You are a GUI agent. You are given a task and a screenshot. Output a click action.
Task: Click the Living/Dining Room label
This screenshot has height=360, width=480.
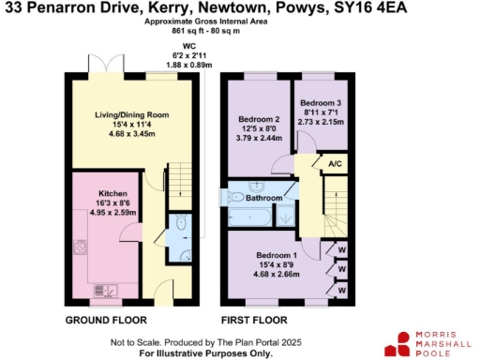(x=131, y=114)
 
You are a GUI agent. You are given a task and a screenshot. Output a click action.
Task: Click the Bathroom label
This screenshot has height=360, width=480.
(x=264, y=198)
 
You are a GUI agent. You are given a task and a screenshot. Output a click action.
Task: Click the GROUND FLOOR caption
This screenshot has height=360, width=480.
(x=105, y=321)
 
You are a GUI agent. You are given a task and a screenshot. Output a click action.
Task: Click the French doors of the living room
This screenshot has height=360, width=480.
(x=113, y=68)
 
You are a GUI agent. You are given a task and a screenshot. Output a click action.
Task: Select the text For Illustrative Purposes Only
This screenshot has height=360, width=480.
(x=193, y=353)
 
